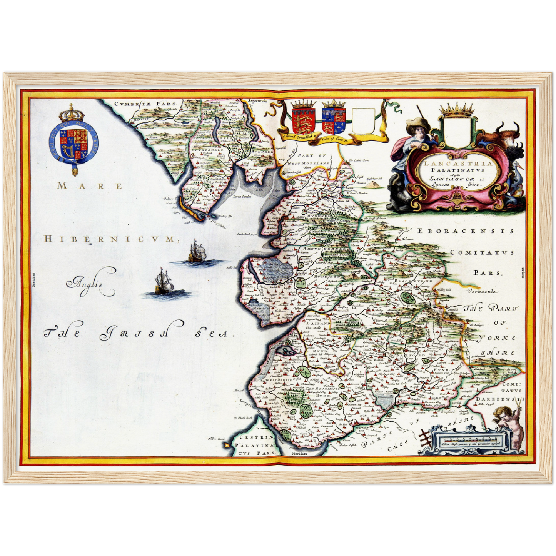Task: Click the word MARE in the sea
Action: [x=90, y=186]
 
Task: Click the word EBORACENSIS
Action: [x=466, y=231]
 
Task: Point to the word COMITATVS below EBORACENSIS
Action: [x=482, y=253]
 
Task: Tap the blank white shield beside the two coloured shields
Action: [x=363, y=121]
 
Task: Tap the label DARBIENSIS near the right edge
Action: [x=499, y=400]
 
